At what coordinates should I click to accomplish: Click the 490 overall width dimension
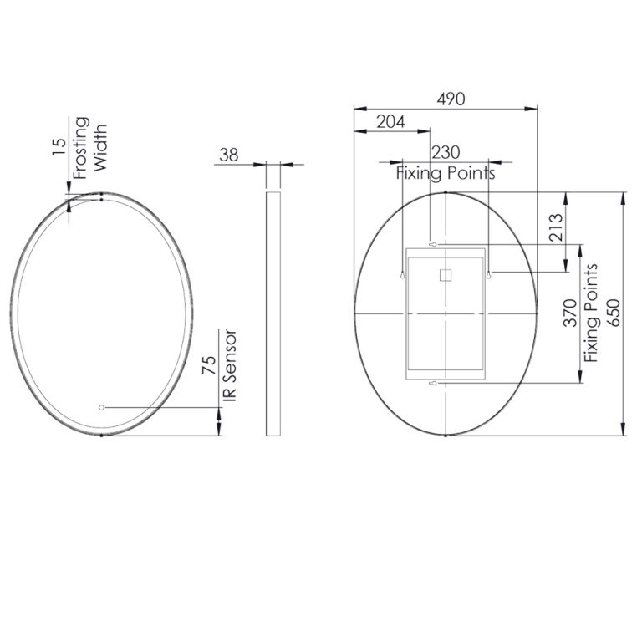(451, 99)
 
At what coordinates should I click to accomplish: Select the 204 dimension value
(390, 121)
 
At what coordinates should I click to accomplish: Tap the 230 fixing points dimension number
(446, 152)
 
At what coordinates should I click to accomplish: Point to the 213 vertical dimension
(556, 227)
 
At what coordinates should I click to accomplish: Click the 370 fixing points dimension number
(570, 313)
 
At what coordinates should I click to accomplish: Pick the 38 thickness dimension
(228, 155)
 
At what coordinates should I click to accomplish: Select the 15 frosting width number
(59, 146)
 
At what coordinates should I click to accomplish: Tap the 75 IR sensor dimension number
(209, 364)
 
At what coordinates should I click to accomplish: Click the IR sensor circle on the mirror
(101, 407)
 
